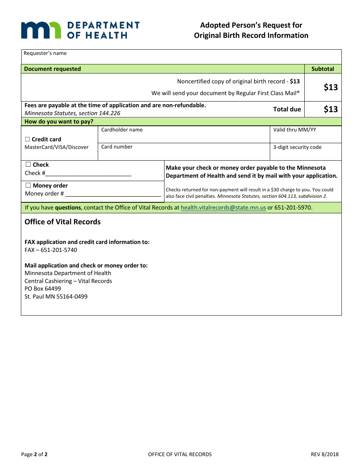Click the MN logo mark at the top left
[x=41, y=30]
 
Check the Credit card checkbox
[x=27, y=139]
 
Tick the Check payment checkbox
[x=28, y=164]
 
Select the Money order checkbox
[x=28, y=185]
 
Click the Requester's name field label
[x=45, y=53]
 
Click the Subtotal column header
[x=323, y=69]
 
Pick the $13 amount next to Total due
[x=330, y=109]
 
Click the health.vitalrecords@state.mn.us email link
[x=223, y=208]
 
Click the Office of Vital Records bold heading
[x=63, y=222]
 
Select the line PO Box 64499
[x=43, y=289]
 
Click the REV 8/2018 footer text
[x=325, y=454]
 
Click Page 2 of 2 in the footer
[x=34, y=454]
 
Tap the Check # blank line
[x=88, y=173]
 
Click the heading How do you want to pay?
[x=59, y=122]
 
